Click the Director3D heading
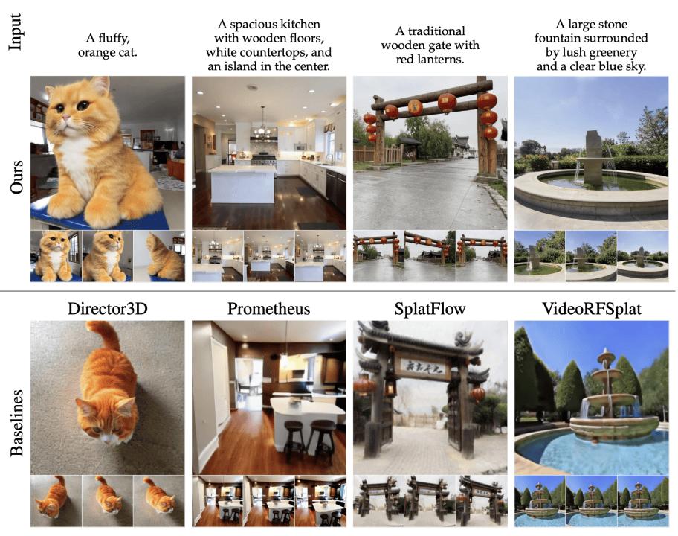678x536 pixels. pos(108,309)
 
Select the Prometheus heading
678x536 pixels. pos(268,309)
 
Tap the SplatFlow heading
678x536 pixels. pos(430,309)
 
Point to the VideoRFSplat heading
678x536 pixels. pos(592,309)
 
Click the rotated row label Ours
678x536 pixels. pos(17,176)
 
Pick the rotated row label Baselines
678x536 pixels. pos(17,423)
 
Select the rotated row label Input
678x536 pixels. pos(16,31)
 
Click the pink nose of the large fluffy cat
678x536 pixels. pos(66,118)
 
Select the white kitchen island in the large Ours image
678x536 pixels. pos(242,185)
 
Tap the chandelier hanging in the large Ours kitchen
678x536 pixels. pos(262,130)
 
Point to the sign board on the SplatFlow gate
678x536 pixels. pos(422,366)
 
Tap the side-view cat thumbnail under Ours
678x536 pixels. pos(159,256)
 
